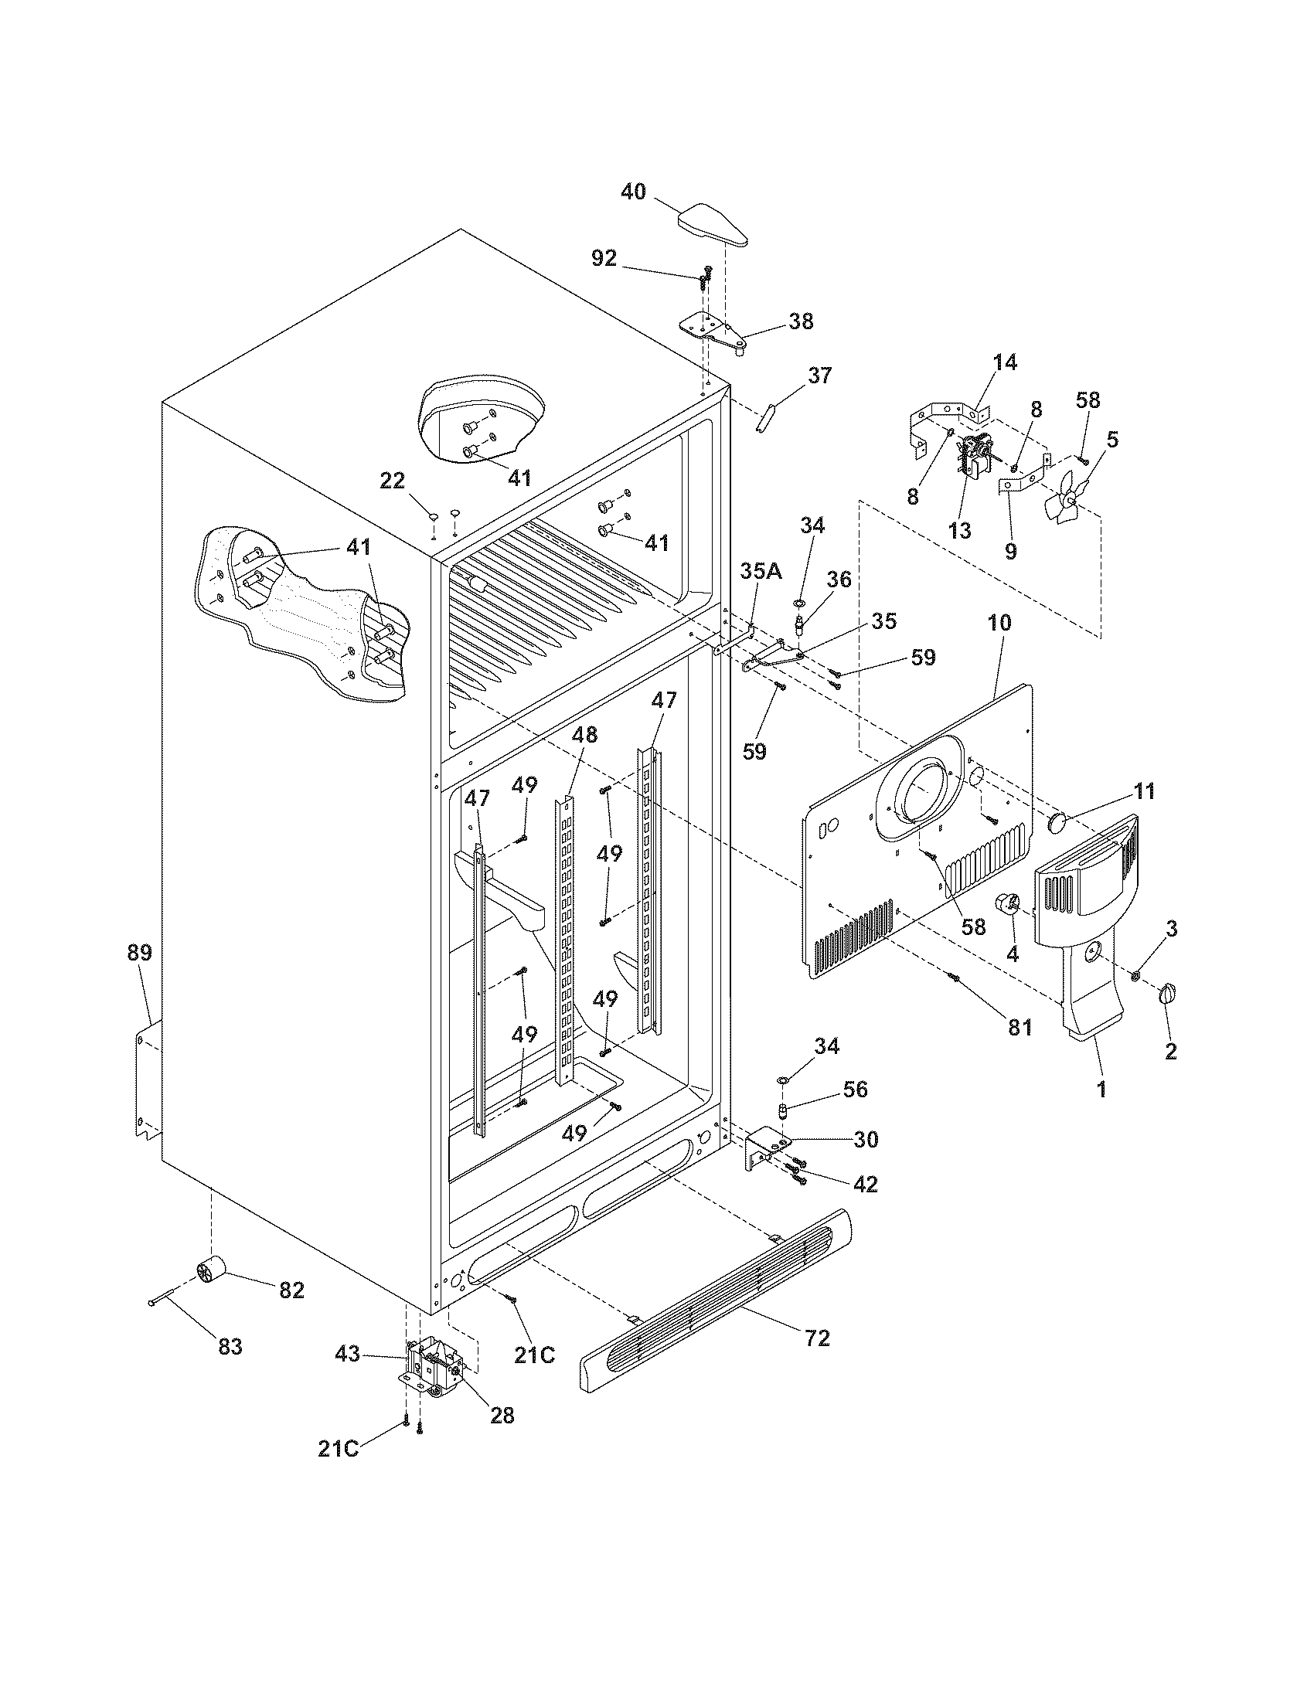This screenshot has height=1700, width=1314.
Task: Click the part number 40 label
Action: tap(633, 192)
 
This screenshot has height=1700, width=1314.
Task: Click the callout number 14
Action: tap(1004, 362)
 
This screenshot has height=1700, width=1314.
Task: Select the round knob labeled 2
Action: tap(1167, 993)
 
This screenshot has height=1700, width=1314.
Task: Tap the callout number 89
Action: tap(141, 953)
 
